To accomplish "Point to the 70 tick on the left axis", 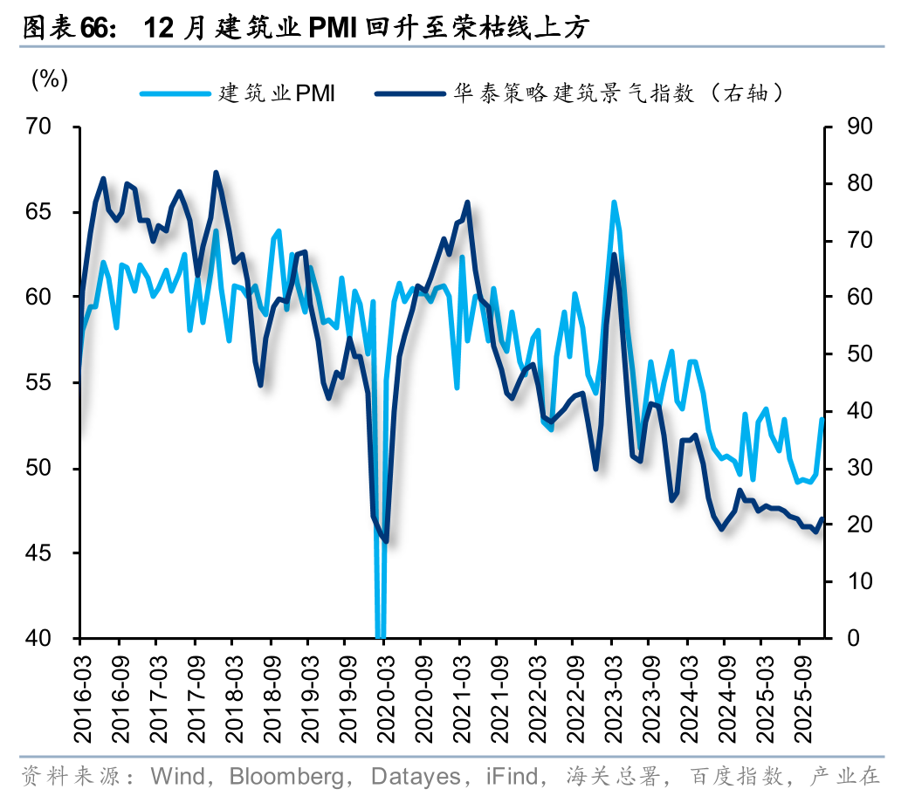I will point(52,127).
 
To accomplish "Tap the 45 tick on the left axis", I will point(52,553).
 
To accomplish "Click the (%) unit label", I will point(50,79).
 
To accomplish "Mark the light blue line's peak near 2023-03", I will point(614,202).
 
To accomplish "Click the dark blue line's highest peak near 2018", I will point(216,173).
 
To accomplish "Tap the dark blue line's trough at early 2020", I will point(386,541).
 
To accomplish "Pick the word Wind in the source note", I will point(178,775).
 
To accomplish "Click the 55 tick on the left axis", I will point(52,382).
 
